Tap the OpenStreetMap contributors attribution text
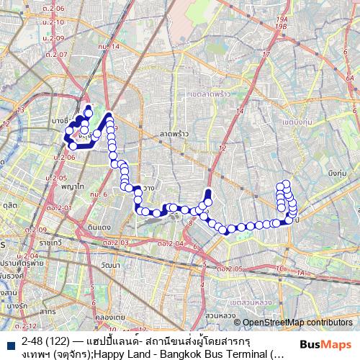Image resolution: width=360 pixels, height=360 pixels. tap(297, 323)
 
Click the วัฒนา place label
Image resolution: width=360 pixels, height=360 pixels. tap(111, 266)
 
